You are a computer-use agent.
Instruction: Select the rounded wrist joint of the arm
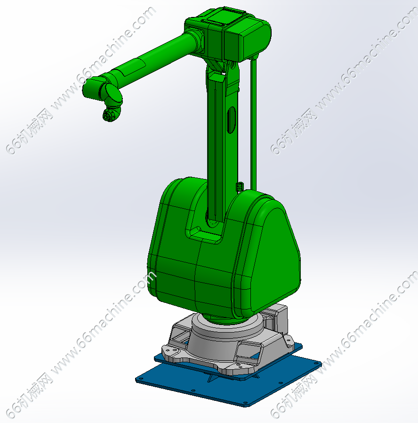(113, 96)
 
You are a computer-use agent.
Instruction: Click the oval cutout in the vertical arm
(231, 120)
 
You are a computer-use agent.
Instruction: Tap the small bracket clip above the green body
(240, 187)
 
